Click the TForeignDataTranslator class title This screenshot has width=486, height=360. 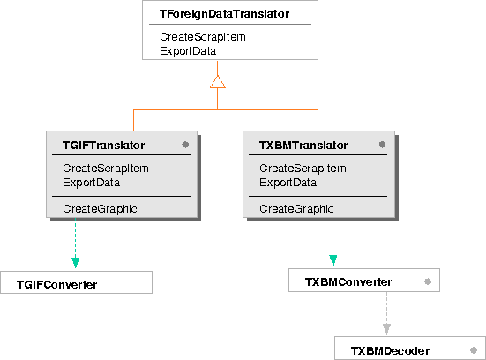pos(224,14)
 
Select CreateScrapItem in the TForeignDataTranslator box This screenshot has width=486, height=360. pos(203,37)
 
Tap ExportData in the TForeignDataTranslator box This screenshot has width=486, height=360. pos(188,51)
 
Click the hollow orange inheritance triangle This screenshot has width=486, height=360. pos(218,82)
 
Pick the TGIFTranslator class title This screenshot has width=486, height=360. pos(103,145)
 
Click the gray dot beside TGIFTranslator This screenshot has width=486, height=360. pos(185,145)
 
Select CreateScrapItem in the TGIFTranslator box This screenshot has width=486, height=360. pos(106,169)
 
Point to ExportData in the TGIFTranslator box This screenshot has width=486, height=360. pos(91,183)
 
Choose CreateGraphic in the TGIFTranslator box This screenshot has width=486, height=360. pos(100,209)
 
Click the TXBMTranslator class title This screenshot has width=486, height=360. pos(303,145)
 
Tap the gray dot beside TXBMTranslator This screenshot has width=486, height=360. pos(382,145)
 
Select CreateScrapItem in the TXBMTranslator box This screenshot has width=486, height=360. pos(303,169)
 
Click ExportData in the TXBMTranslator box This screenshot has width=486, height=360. pos(288,183)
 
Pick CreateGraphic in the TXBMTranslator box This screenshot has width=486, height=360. pos(296,209)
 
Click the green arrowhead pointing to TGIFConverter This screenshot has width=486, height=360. pos(75,262)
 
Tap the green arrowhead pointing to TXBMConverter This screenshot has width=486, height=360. pos(333,260)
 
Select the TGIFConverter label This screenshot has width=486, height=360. pos(57,285)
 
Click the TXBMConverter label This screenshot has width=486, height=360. pos(348,282)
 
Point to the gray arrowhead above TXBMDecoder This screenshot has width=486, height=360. pos(386,329)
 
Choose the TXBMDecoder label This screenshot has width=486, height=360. pos(390,351)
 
